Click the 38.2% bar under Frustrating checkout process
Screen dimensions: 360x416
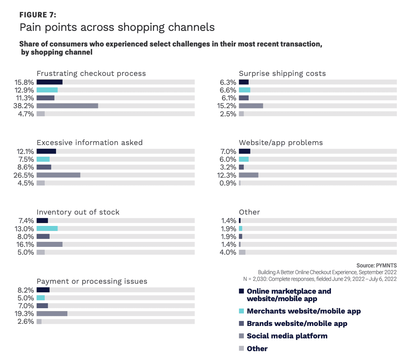(67, 106)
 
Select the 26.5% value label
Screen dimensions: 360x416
(24, 175)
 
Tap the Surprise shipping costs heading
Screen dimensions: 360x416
(282, 74)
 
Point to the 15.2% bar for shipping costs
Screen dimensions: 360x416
(251, 106)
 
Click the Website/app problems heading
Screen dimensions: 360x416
(281, 143)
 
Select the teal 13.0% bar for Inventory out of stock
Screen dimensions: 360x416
(47, 228)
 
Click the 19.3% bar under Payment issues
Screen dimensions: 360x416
(52, 314)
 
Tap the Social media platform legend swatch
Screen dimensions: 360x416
(242, 336)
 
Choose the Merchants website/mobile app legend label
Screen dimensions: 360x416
(304, 311)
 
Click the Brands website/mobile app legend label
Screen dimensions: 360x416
(297, 323)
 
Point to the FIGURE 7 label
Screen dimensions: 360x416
(38, 15)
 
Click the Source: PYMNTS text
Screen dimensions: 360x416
(376, 266)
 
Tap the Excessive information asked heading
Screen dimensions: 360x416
(89, 143)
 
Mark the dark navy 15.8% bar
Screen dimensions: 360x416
(49, 82)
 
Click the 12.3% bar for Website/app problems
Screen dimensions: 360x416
(248, 175)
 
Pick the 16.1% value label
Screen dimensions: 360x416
(24, 244)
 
